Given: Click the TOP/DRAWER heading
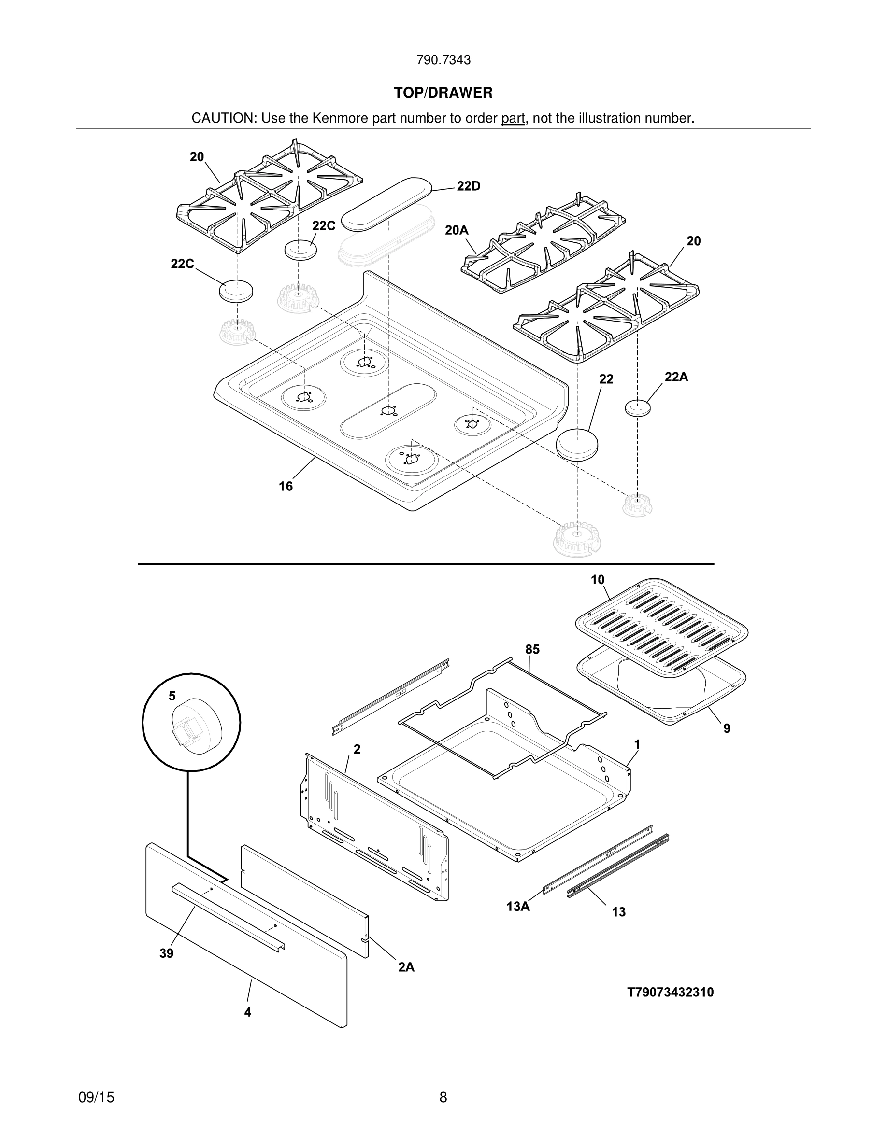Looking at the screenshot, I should pyautogui.click(x=443, y=93).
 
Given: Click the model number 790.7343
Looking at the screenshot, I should pyautogui.click(x=443, y=60).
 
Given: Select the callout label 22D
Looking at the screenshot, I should pyautogui.click(x=468, y=186).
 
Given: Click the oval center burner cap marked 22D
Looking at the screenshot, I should pyautogui.click(x=386, y=204).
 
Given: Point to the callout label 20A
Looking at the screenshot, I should pyautogui.click(x=457, y=230).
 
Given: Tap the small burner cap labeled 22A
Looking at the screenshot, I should pyautogui.click(x=637, y=407).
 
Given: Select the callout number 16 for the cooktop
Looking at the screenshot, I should pyautogui.click(x=286, y=486).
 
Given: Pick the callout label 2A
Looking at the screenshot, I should pyautogui.click(x=406, y=967).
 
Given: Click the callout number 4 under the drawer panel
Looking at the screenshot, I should pyautogui.click(x=247, y=1012).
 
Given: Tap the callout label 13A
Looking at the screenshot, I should pyautogui.click(x=517, y=906).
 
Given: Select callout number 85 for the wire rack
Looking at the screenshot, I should pyautogui.click(x=532, y=650).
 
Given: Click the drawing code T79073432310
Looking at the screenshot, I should pyautogui.click(x=670, y=992).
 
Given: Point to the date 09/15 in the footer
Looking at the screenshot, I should pyautogui.click(x=96, y=1097).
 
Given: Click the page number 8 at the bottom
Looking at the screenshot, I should pyautogui.click(x=443, y=1097).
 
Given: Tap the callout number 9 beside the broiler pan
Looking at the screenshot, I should pyautogui.click(x=727, y=728).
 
